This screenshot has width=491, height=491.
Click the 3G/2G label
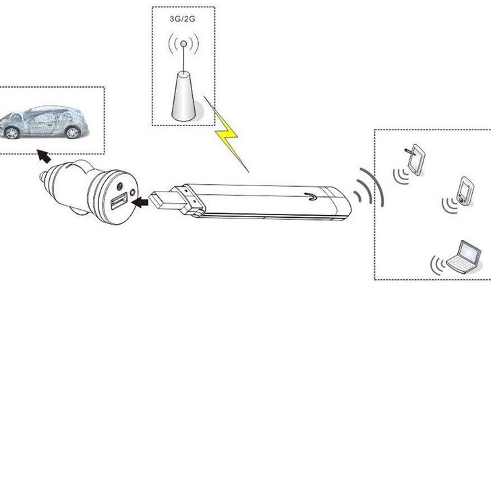point(182,19)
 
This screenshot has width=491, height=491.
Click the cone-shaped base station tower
point(183,96)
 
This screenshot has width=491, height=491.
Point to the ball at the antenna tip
point(184,44)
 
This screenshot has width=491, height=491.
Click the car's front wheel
point(12,133)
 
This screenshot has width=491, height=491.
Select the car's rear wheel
point(72,132)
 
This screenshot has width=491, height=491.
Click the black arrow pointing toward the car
point(44,156)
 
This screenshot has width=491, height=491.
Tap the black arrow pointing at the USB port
point(140,202)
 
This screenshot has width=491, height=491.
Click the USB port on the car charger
point(119,201)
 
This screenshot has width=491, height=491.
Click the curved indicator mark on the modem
point(311,197)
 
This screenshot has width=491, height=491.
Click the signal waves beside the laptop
point(438,266)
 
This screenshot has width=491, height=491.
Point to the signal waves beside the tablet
point(401,176)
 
